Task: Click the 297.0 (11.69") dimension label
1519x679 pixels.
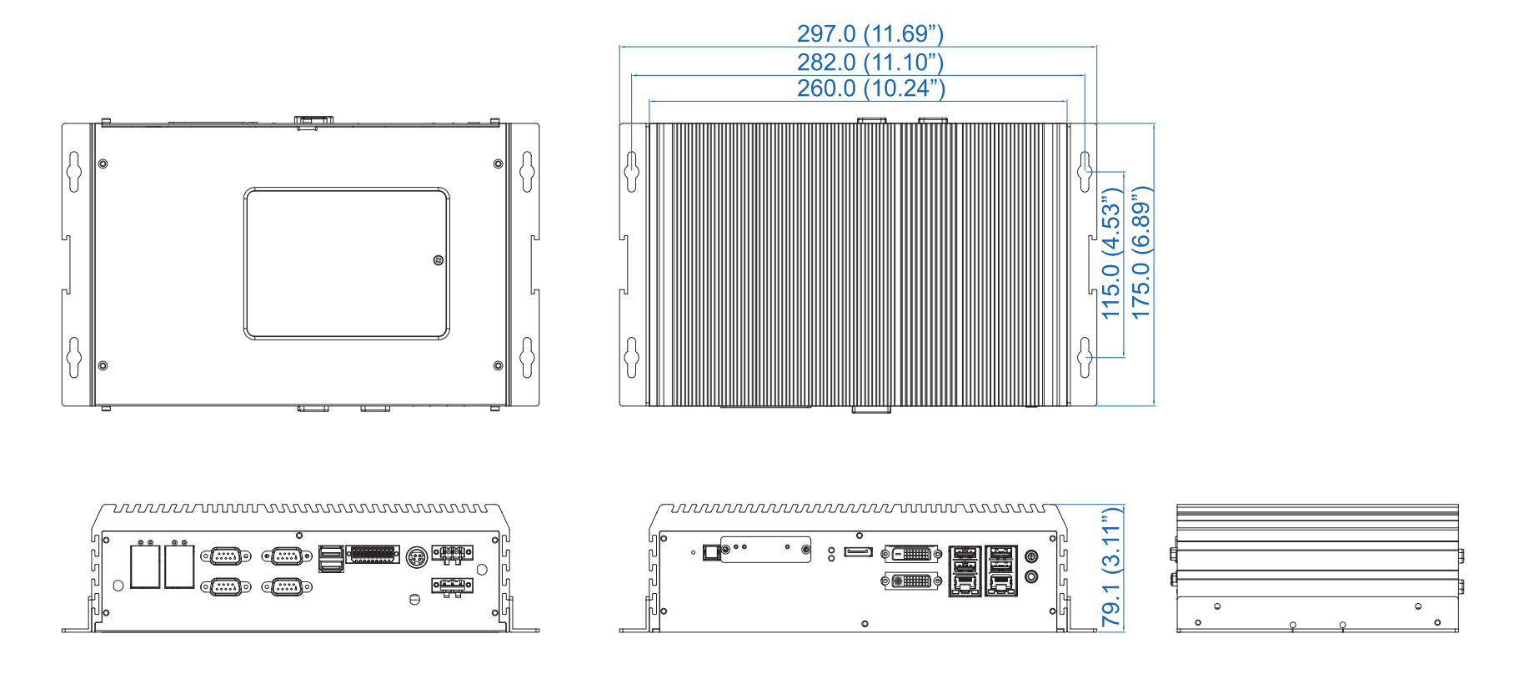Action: click(x=870, y=33)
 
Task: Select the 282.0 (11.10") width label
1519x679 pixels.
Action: click(x=870, y=62)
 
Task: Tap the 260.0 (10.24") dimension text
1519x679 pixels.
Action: click(x=870, y=88)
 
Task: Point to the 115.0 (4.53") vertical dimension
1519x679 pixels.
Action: click(x=1111, y=253)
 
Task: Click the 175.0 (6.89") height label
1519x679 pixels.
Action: click(x=1141, y=252)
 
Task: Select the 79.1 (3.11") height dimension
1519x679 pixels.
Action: click(x=1111, y=566)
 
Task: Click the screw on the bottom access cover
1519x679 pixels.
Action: click(x=439, y=260)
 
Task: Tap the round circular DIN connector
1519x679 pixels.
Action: click(x=417, y=556)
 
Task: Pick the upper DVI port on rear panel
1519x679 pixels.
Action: click(x=912, y=553)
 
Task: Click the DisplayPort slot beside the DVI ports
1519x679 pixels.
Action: click(x=858, y=552)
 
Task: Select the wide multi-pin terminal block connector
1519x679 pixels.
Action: click(x=373, y=555)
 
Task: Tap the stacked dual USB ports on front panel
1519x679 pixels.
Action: click(x=331, y=559)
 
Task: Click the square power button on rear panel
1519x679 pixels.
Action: click(x=710, y=551)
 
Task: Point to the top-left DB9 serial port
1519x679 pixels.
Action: click(x=225, y=556)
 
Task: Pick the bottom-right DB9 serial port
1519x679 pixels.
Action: click(x=287, y=587)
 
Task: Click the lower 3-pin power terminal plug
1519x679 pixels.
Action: click(x=452, y=586)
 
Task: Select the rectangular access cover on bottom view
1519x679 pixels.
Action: click(x=347, y=264)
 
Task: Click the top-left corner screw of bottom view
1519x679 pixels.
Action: click(x=103, y=163)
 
